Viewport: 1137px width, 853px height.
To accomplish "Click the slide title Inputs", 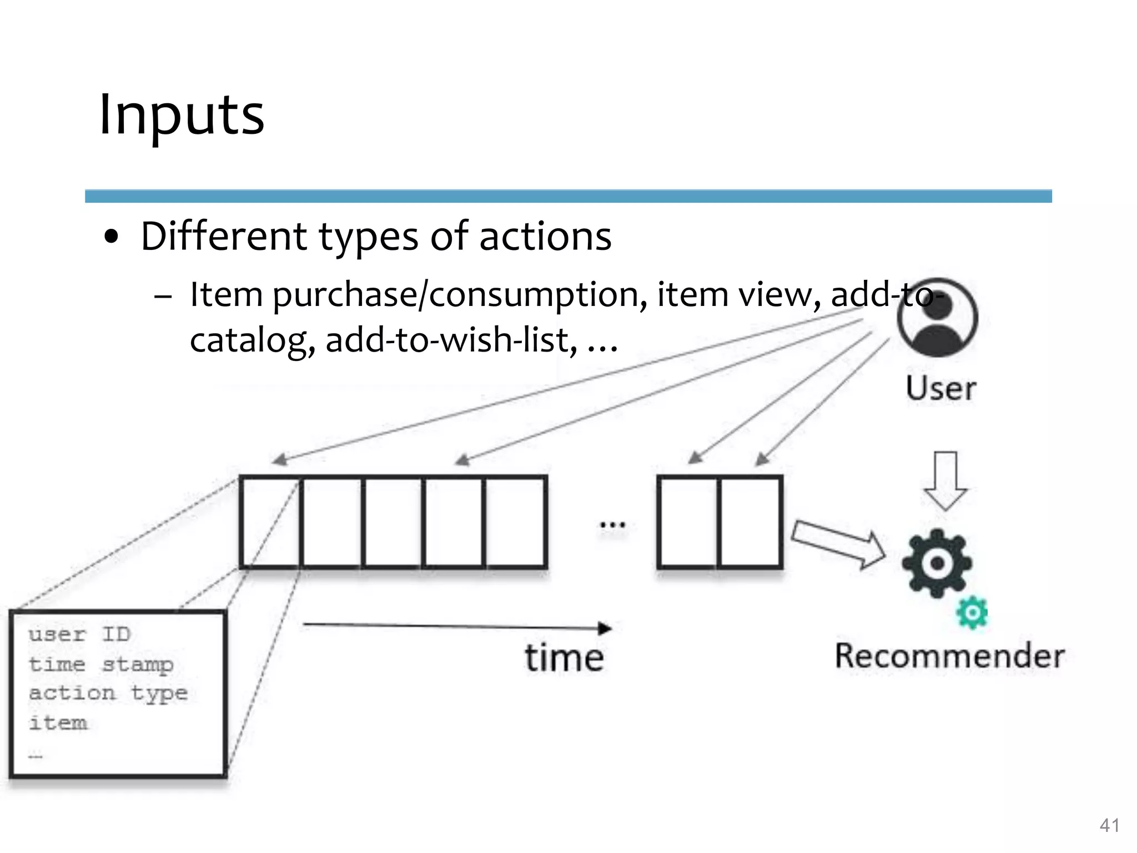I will point(182,115).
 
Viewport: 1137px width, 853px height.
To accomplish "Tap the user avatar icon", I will point(937,318).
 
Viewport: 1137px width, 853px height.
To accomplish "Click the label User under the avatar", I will point(941,388).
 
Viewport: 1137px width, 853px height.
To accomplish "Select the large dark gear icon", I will point(937,563).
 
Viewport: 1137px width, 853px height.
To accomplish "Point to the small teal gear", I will point(972,613).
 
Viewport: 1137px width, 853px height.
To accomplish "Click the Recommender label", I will point(950,656).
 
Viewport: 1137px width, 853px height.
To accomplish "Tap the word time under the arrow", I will point(564,658).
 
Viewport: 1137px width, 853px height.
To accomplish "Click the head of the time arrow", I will point(605,629).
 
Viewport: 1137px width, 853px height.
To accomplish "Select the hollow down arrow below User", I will point(945,481).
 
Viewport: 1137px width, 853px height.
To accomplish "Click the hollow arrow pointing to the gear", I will point(838,544).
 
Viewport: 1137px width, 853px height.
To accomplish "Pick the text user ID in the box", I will point(79,634).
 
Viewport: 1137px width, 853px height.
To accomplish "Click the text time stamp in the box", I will point(101,664).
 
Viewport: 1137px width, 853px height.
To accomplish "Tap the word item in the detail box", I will point(58,723).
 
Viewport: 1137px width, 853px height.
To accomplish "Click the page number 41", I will point(1109,826).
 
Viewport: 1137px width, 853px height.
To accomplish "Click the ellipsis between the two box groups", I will point(612,524).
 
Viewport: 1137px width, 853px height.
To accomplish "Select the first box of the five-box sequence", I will point(271,522).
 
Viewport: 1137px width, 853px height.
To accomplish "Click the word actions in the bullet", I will point(545,236).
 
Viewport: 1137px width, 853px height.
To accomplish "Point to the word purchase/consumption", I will point(460,294).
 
